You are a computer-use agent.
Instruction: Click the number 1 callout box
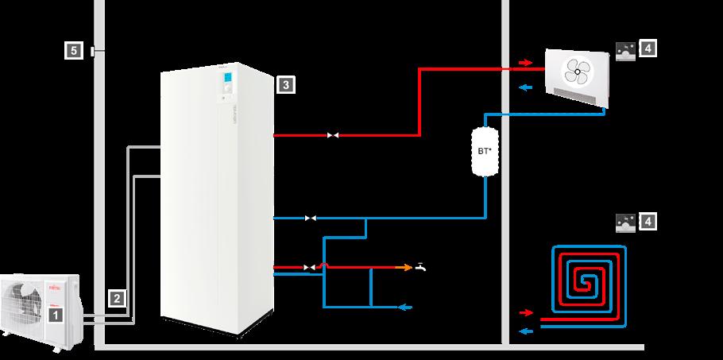point(55,315)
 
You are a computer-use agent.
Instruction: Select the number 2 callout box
point(116,299)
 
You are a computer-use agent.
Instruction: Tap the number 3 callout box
point(284,83)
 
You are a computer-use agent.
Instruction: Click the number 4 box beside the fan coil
point(648,49)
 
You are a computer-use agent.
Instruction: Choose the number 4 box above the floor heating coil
point(648,222)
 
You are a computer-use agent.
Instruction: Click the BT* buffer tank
point(484,152)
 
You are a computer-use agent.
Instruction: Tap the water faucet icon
point(420,267)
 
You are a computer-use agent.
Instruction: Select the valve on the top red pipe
point(333,135)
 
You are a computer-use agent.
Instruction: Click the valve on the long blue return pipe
point(311,217)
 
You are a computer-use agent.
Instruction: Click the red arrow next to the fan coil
point(524,61)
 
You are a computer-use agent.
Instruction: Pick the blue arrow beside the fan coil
point(524,87)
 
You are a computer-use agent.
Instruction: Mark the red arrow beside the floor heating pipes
point(524,313)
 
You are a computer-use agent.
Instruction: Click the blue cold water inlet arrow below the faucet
point(405,306)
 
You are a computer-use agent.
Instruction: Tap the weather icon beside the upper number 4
point(625,49)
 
